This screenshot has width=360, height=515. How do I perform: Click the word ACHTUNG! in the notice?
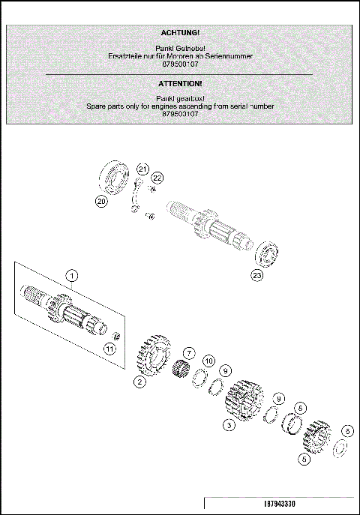coord(180,33)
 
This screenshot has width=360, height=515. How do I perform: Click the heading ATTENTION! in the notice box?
coord(180,84)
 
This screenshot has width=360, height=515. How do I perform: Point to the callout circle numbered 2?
coord(139,382)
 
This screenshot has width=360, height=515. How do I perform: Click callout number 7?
coord(189,352)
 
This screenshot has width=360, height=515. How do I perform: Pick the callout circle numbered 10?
coord(209,361)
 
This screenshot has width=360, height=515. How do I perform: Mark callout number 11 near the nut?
coord(109,348)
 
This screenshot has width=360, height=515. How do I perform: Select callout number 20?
coord(100,201)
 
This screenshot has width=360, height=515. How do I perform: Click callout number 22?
coord(157,178)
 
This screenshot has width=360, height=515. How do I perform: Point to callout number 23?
coord(257,275)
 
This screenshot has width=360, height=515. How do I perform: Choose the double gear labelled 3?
coord(244,405)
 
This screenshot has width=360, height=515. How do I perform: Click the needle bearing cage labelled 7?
coord(180,369)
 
